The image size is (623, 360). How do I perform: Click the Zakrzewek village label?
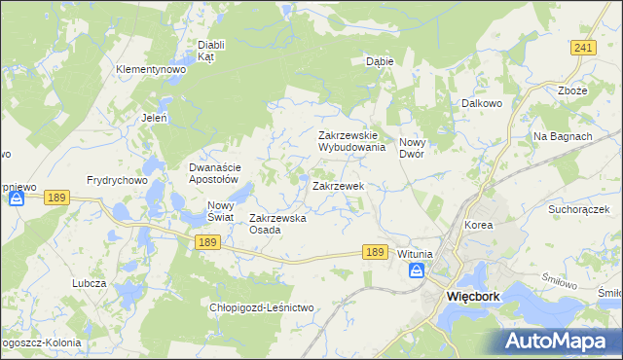337,185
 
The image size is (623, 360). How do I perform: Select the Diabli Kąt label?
211,51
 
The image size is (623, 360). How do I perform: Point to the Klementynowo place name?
150,70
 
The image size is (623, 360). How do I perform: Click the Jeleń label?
155,118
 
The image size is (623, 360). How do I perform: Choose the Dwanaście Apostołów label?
213,173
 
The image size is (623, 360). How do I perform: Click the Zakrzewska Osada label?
278,224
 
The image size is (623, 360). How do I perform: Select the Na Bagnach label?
563,136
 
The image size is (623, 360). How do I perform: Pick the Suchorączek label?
578,209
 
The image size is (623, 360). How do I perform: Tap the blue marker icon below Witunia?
416,270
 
